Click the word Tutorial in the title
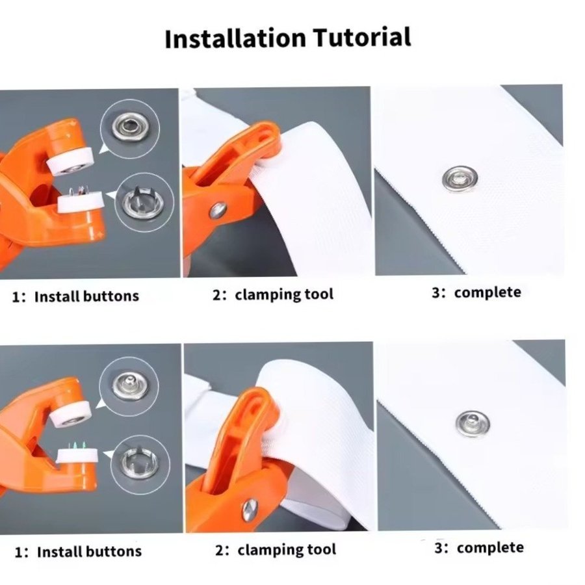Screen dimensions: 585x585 362,37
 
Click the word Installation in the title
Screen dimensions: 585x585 235,38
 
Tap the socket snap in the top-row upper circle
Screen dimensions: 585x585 129,127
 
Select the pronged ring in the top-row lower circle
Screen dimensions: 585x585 144,203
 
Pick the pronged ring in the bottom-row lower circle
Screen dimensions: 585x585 140,462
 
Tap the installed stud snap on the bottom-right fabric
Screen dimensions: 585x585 473,423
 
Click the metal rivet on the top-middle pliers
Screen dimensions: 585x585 218,211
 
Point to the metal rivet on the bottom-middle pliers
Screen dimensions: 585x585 250,510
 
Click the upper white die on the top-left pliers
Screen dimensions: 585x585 70,161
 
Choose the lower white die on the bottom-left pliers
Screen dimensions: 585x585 77,455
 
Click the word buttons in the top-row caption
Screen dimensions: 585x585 110,296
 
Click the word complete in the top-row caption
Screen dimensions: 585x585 487,292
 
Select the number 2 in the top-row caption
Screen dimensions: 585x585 217,294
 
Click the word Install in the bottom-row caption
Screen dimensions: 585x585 55,552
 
